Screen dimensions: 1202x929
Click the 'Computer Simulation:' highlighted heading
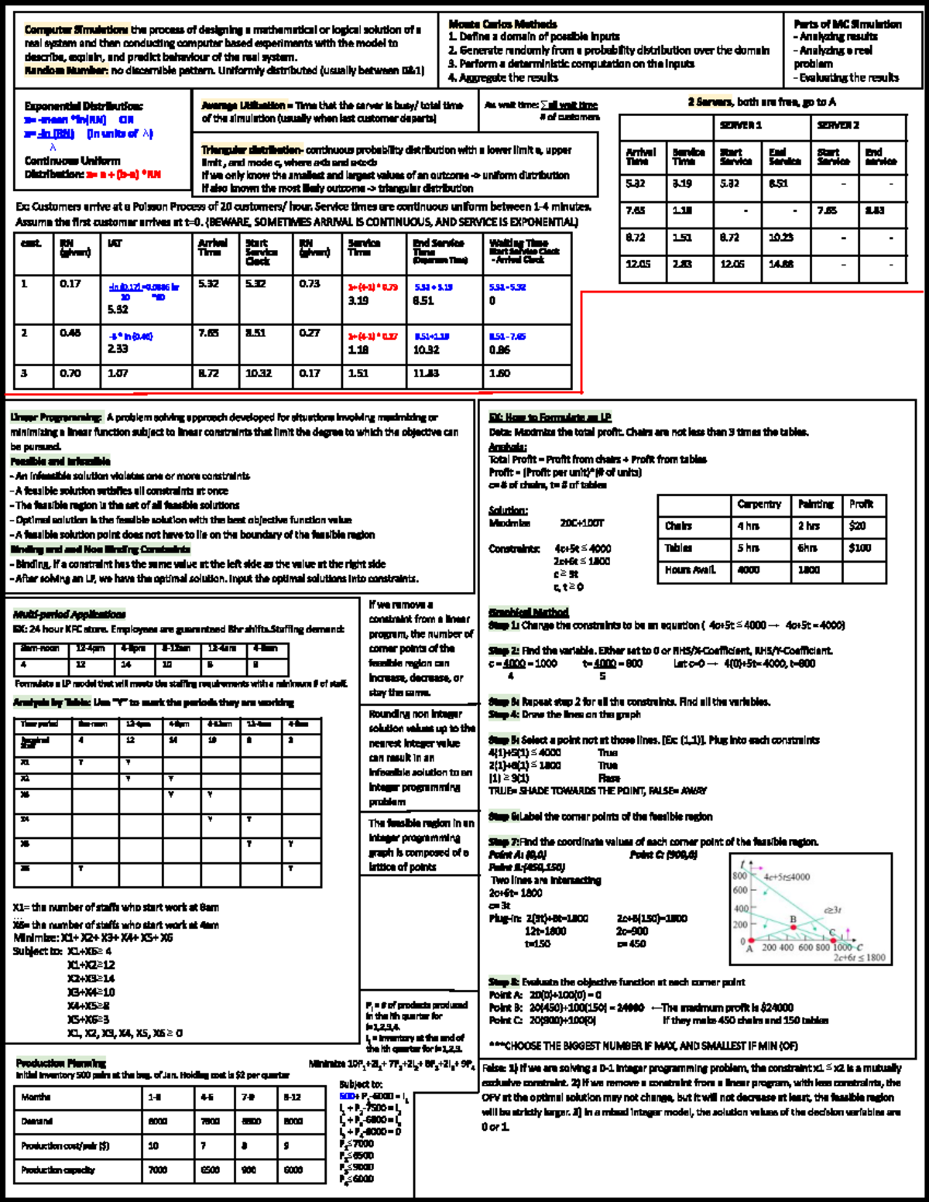coord(76,30)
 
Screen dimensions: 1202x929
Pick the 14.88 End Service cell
coord(780,265)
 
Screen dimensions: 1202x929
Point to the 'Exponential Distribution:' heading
coord(84,106)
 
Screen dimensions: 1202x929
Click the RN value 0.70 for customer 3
coord(70,373)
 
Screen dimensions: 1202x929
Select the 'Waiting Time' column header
coord(518,243)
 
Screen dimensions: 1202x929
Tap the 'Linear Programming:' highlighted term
coord(56,417)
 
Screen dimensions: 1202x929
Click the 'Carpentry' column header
coord(759,504)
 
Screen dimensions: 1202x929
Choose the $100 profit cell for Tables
coord(859,548)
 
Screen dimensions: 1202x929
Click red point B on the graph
coord(794,927)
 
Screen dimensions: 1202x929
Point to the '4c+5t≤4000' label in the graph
coord(787,877)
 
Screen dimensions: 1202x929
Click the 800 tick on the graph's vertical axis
coord(739,875)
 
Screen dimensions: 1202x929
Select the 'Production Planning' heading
coord(61,1063)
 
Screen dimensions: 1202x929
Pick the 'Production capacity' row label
coord(58,1169)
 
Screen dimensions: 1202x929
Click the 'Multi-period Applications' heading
coord(70,614)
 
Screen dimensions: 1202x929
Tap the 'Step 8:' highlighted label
coord(503,981)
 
